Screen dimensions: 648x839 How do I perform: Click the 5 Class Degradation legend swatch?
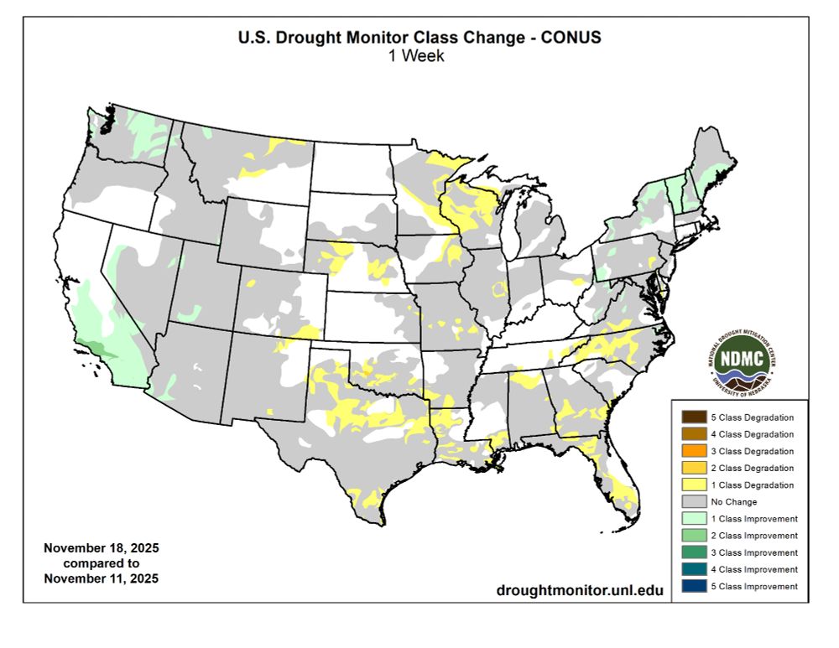click(x=693, y=417)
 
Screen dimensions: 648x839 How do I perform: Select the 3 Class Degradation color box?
click(x=693, y=451)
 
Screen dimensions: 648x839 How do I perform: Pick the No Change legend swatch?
click(x=693, y=501)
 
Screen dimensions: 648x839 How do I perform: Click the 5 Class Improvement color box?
click(x=693, y=586)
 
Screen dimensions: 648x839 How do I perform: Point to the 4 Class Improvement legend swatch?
click(x=693, y=569)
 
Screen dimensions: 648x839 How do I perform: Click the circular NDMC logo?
click(x=740, y=358)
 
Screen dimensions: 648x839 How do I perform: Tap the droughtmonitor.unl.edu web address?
click(x=579, y=590)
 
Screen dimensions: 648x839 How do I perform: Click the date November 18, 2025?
click(x=101, y=548)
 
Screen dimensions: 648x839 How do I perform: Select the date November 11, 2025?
click(x=101, y=578)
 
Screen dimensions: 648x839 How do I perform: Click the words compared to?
click(x=101, y=563)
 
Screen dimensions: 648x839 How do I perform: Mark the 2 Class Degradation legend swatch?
click(x=693, y=468)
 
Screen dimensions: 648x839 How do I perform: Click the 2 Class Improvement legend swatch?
click(x=693, y=536)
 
